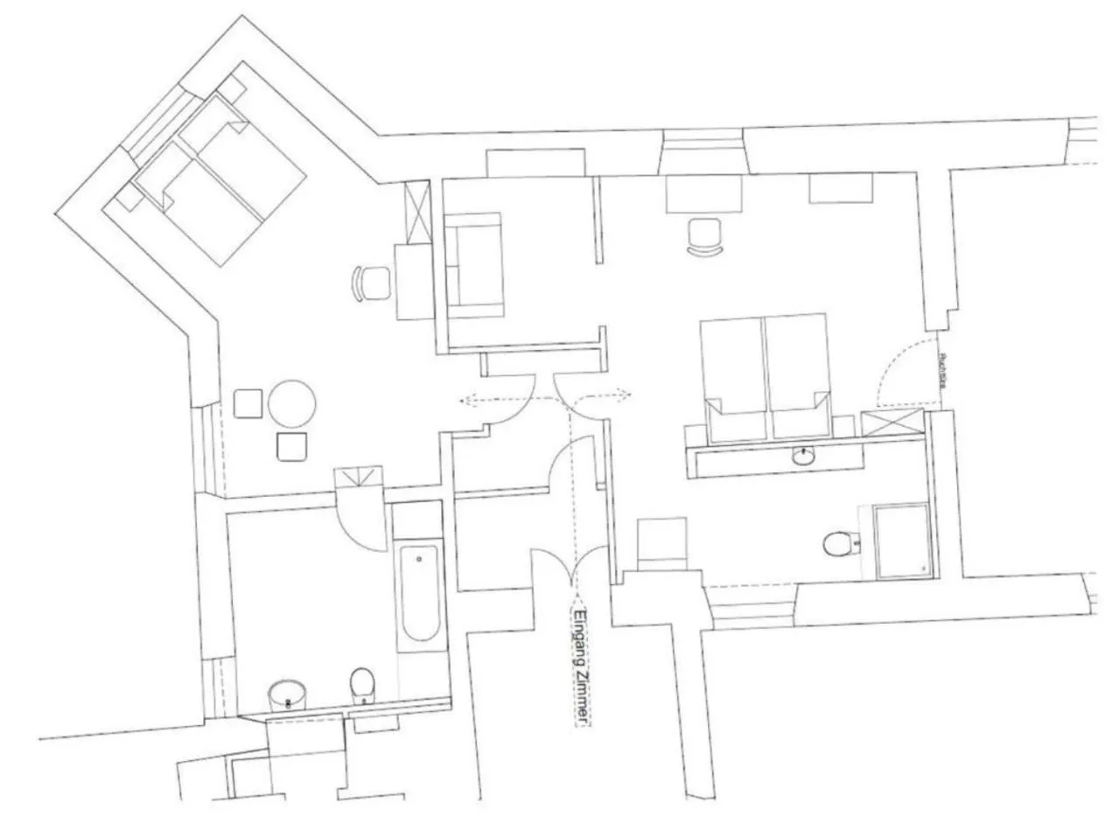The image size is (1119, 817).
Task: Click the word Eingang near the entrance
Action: (578, 630)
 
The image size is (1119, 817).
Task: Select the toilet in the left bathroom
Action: (361, 684)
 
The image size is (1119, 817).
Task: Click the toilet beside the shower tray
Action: (838, 544)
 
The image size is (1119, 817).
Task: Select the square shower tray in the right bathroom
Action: (902, 541)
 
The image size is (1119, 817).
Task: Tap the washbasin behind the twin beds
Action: (802, 456)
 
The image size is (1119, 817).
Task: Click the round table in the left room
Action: (291, 403)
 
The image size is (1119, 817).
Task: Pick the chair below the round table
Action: (292, 446)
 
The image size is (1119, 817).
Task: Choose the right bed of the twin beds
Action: (798, 376)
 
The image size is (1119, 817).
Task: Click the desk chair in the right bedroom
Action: (705, 236)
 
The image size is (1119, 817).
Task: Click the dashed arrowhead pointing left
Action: (465, 401)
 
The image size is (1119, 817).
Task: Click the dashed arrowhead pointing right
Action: (625, 395)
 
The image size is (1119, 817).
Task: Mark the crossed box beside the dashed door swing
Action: (892, 422)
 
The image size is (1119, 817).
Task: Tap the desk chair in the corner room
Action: (374, 283)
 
